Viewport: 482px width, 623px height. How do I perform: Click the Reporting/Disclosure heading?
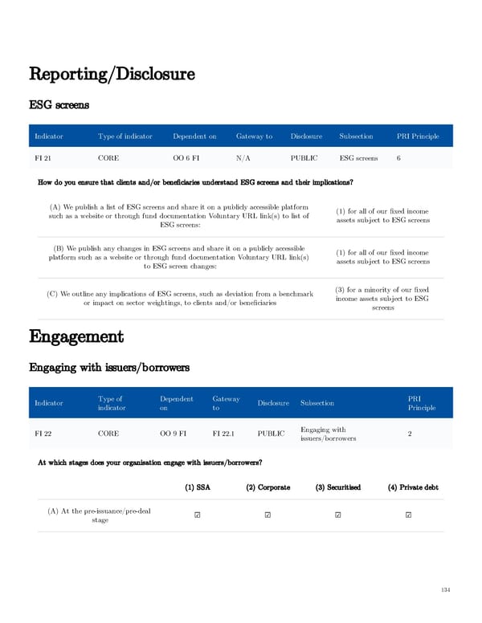[112, 75]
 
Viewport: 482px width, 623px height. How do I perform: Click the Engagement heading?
[76, 336]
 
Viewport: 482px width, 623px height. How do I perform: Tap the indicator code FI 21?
[43, 158]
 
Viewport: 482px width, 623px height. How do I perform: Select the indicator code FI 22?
[43, 434]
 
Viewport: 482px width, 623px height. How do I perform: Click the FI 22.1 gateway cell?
[225, 434]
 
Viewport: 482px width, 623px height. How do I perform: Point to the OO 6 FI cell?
[186, 158]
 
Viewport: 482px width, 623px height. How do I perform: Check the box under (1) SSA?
[197, 515]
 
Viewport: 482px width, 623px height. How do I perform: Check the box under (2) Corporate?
[268, 515]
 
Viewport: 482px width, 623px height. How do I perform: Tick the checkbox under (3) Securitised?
[337, 515]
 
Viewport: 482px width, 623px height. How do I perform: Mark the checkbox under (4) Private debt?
[408, 515]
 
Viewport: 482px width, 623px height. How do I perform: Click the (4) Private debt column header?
[407, 487]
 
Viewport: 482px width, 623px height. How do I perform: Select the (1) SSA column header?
[197, 487]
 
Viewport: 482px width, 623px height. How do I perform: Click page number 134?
[445, 591]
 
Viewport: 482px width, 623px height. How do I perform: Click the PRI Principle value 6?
[399, 158]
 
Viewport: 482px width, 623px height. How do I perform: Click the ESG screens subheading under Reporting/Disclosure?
[59, 104]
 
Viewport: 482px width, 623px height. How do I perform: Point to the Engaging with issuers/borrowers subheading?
[108, 368]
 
